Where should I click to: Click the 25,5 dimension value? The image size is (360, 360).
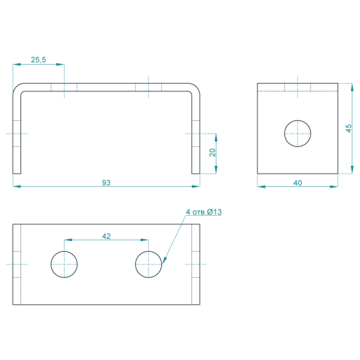[39, 60]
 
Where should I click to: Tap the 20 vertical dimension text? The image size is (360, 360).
[212, 153]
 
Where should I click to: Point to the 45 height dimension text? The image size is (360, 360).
[349, 129]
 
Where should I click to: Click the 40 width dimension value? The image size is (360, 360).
[297, 183]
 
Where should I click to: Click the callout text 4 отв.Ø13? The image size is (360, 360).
[204, 212]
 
